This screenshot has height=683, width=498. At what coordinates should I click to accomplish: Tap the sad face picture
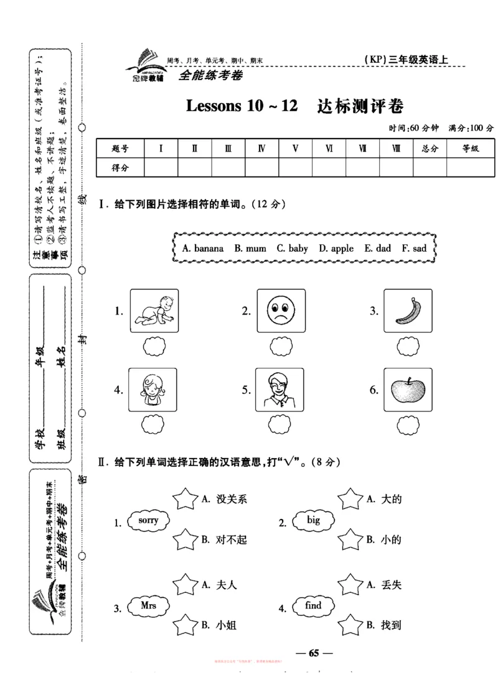[280, 311]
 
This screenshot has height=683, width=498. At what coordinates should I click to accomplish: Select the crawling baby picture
[154, 311]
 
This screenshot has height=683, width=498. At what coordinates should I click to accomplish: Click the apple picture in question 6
[408, 390]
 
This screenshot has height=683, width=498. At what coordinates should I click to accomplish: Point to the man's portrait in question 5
[280, 390]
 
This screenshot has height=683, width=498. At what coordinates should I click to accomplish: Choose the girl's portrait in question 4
[153, 390]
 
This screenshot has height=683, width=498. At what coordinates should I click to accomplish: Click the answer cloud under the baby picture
[153, 347]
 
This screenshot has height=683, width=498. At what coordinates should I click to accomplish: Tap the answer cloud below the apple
[408, 425]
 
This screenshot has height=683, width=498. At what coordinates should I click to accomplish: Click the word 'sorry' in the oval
[148, 521]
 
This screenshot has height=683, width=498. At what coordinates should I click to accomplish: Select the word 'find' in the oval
[314, 606]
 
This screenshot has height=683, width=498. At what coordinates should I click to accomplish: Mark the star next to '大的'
[350, 498]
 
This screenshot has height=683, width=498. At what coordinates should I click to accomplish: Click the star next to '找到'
[350, 624]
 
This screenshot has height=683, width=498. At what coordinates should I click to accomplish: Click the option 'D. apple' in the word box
[336, 248]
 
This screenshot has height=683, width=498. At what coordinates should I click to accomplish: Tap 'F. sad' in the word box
[414, 248]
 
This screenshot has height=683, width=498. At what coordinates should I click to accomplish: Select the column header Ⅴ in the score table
[295, 149]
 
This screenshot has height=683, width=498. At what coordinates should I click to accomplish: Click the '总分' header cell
[429, 149]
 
